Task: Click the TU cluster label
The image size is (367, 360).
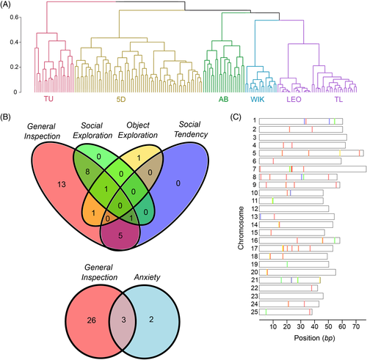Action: tap(48, 99)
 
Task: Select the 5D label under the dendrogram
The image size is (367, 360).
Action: tap(121, 99)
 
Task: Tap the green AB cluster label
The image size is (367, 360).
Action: tap(224, 99)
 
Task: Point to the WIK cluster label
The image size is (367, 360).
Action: tap(258, 99)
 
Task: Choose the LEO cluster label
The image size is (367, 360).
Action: tap(294, 100)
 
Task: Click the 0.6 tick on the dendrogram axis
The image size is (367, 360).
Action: tap(14, 17)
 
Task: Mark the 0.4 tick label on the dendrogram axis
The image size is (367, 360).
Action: tap(14, 42)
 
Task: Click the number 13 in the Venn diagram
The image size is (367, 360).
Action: tap(62, 184)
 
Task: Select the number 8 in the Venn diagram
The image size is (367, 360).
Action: tap(87, 172)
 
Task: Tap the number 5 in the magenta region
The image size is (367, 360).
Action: tap(120, 235)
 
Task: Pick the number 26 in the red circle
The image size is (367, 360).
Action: tap(92, 320)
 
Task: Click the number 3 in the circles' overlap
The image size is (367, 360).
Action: tap(124, 320)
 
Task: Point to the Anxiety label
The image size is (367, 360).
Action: tap(148, 277)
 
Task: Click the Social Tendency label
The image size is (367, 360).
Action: tap(191, 129)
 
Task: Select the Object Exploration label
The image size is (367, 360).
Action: tap(138, 130)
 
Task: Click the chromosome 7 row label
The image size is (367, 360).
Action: tap(255, 169)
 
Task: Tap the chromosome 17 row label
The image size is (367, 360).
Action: tap(255, 249)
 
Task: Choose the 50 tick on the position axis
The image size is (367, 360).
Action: tap(328, 327)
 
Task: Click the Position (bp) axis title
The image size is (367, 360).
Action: tap(314, 338)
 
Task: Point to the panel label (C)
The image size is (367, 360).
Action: tap(236, 117)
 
